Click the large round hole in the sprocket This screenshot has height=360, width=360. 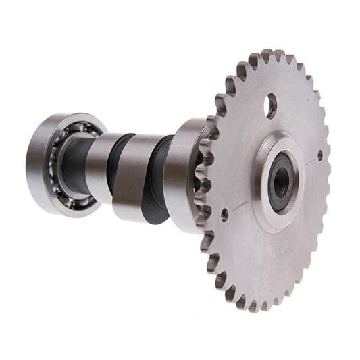tap(270, 105)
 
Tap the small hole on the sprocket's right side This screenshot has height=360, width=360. tap(320, 155)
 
